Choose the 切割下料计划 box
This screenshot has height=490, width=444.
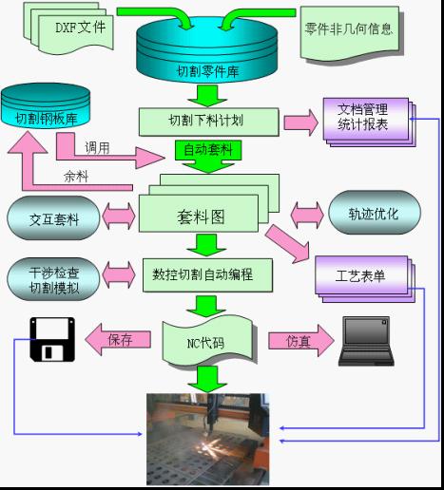[x=207, y=121]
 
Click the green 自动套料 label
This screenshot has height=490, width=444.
[x=208, y=150]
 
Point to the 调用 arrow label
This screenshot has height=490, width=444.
[x=97, y=147]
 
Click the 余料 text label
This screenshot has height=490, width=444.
[x=77, y=176]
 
